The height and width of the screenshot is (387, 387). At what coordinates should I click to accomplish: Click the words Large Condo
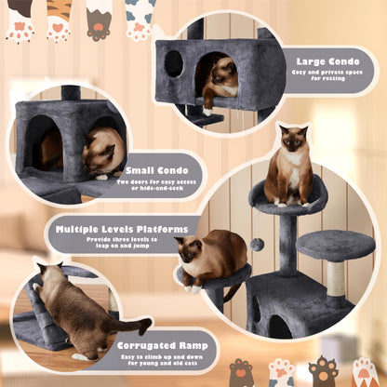[330, 60]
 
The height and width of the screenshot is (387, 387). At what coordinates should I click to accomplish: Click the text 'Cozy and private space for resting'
[330, 76]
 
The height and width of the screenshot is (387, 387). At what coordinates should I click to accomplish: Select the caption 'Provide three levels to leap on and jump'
[125, 242]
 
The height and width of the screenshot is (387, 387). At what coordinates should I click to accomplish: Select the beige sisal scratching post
[334, 278]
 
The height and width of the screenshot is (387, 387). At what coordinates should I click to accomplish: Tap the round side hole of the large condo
[173, 64]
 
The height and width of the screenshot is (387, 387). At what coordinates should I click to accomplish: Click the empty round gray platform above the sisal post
[335, 245]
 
